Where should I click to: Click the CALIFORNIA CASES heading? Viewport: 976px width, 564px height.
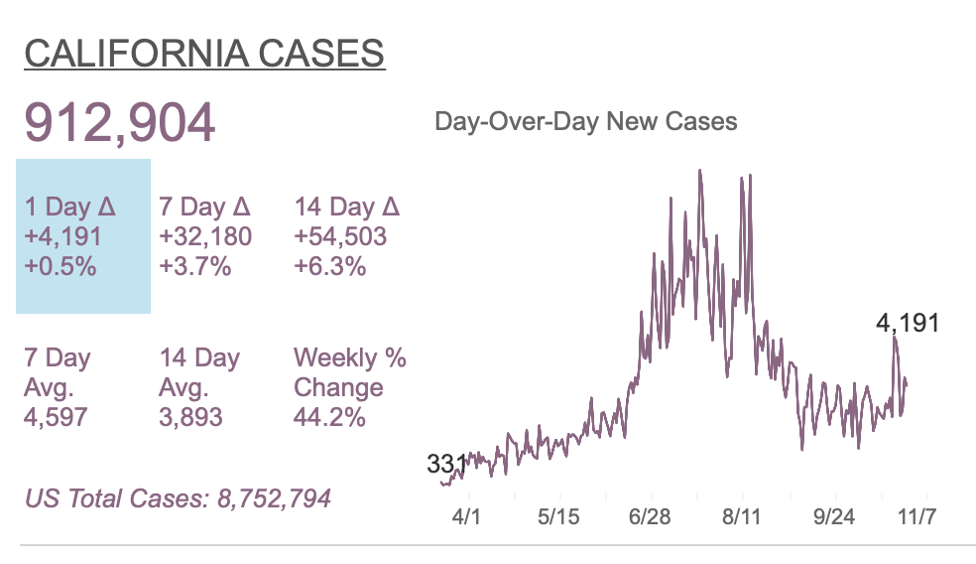pyautogui.click(x=204, y=54)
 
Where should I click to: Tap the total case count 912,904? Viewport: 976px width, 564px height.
pyautogui.click(x=119, y=122)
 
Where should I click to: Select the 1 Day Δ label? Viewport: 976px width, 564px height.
pyautogui.click(x=70, y=207)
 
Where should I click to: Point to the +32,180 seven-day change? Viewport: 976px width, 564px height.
pyautogui.click(x=206, y=236)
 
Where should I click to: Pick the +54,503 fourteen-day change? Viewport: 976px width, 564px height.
pyautogui.click(x=341, y=236)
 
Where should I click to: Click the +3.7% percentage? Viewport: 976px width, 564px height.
pyautogui.click(x=195, y=266)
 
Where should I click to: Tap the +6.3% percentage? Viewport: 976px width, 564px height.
pyautogui.click(x=330, y=266)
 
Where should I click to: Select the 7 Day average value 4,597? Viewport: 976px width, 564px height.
pyautogui.click(x=56, y=416)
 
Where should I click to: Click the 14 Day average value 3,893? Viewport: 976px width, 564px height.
pyautogui.click(x=190, y=416)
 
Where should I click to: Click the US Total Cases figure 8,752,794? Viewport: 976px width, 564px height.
pyautogui.click(x=274, y=497)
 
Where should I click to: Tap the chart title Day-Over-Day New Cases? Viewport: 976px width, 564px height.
pyautogui.click(x=586, y=122)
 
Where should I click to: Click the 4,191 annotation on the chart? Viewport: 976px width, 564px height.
pyautogui.click(x=908, y=323)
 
